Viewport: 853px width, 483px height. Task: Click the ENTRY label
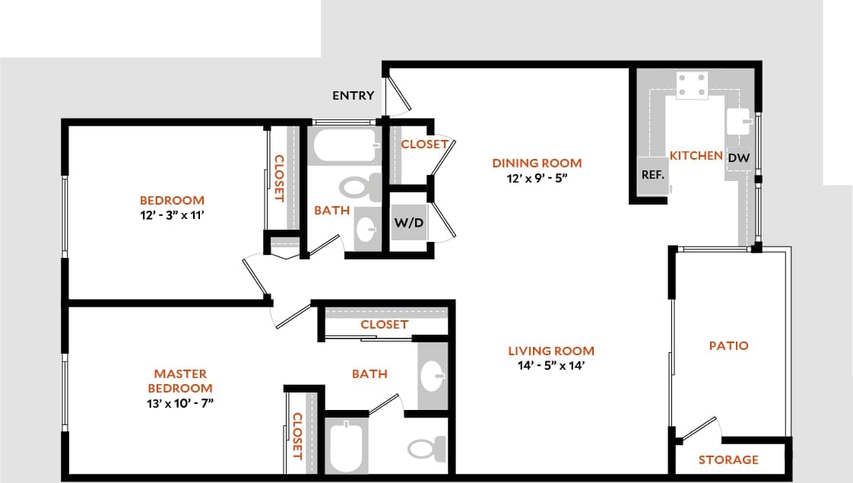pos(354,95)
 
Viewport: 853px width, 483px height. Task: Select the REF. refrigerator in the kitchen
pos(653,175)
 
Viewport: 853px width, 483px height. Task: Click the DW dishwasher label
pos(738,158)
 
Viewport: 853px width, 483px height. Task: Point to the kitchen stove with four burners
pos(692,86)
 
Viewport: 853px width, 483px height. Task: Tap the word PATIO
pos(728,345)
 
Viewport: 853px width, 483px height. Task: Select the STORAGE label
pos(728,459)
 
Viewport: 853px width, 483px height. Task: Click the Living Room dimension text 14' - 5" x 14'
pos(551,365)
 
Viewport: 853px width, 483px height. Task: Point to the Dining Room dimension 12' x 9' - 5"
pos(537,177)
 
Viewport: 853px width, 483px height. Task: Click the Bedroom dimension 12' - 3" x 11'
pos(172,215)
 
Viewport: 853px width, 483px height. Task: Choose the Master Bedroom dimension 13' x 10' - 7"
pos(180,402)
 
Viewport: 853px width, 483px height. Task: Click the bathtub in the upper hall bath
pos(344,146)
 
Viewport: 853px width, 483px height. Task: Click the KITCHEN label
pos(696,155)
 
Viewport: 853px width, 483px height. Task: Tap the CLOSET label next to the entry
pos(423,145)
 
